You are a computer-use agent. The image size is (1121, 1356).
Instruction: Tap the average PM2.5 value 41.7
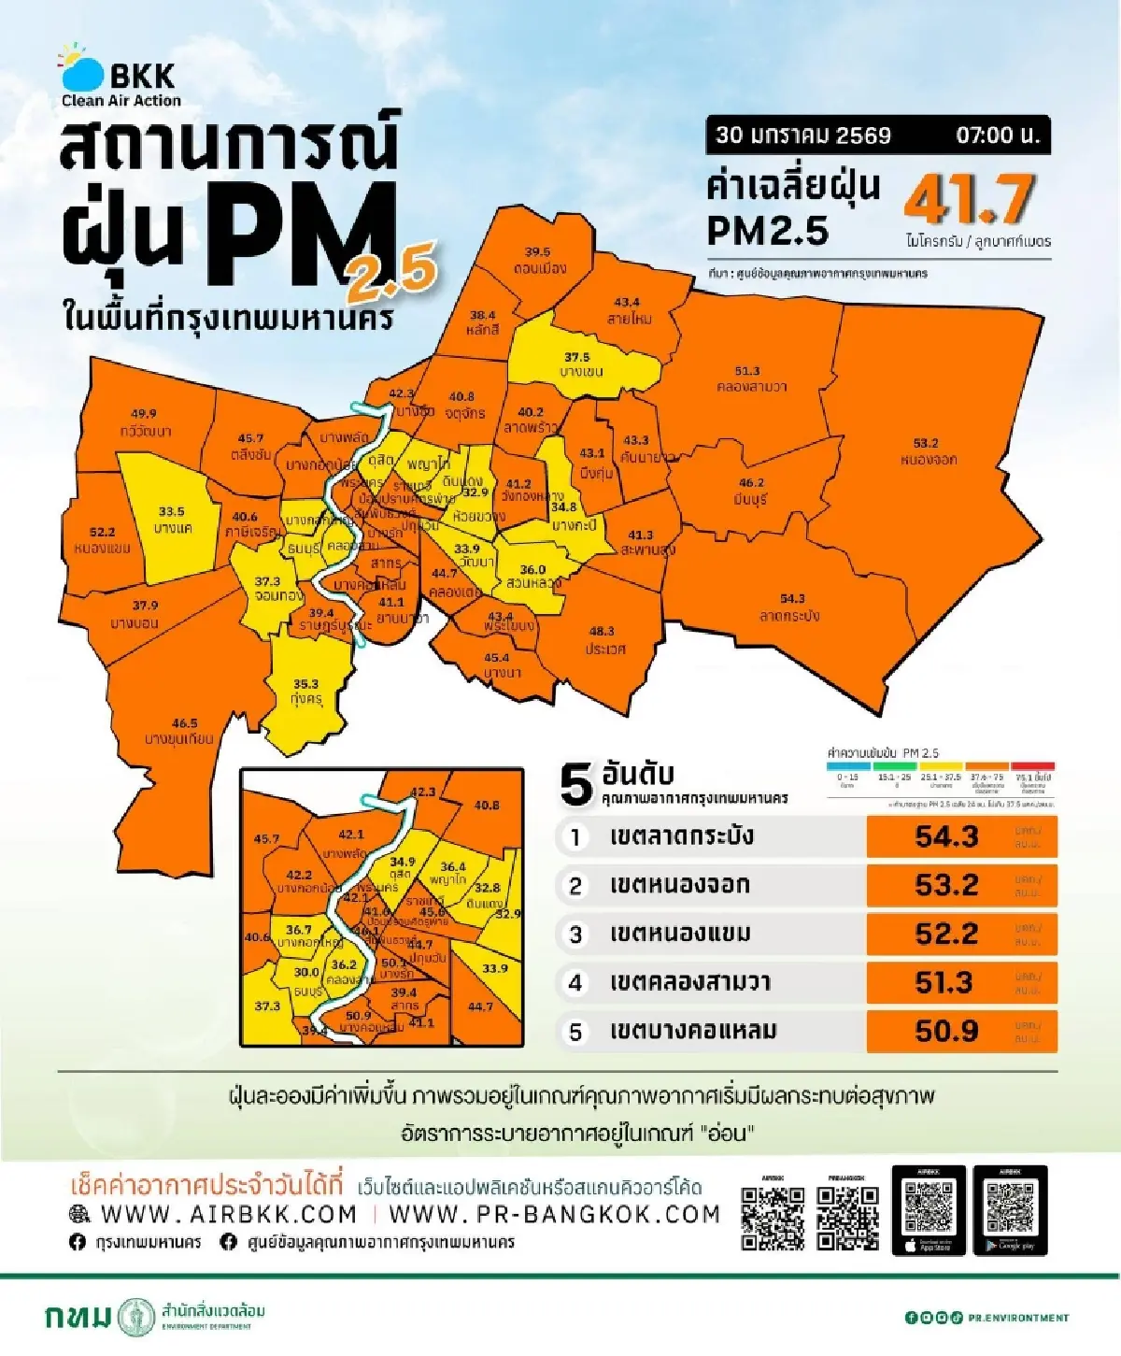click(969, 199)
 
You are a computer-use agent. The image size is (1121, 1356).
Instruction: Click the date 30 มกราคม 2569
click(803, 135)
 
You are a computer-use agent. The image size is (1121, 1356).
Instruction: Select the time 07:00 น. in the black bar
click(997, 135)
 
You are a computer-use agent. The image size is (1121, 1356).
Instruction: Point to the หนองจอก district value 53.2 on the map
click(927, 451)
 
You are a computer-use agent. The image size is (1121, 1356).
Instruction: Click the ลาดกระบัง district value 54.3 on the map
click(791, 607)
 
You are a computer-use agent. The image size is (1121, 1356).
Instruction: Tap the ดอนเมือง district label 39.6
click(538, 260)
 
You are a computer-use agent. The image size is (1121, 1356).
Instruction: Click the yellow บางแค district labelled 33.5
click(172, 520)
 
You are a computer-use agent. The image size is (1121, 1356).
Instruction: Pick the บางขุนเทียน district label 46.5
click(181, 730)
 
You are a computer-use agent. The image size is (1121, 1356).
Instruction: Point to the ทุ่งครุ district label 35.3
click(305, 692)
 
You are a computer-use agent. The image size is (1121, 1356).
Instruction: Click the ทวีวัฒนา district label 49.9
click(145, 422)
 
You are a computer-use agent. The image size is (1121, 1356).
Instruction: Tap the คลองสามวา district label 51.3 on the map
click(748, 378)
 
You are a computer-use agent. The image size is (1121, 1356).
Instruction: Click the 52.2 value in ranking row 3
click(946, 934)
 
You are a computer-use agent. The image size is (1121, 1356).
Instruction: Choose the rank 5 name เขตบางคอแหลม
click(692, 1031)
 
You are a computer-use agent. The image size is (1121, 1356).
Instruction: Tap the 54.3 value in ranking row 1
click(946, 836)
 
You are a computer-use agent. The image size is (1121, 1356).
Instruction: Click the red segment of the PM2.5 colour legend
click(1033, 766)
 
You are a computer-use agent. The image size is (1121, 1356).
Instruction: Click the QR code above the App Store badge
click(929, 1206)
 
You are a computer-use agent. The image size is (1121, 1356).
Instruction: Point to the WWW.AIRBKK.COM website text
click(228, 1214)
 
